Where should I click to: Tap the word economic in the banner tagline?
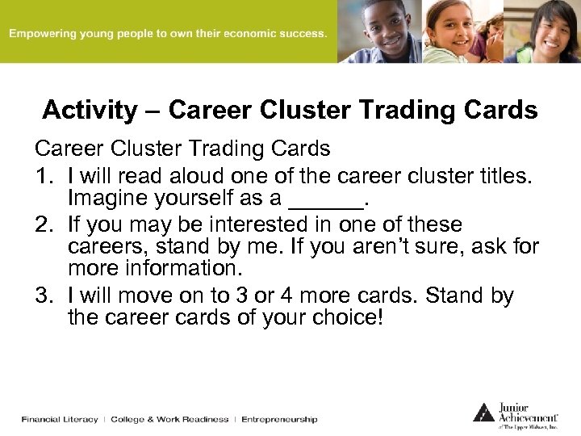click(249, 34)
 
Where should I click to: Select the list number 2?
click(43, 224)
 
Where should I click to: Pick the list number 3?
click(43, 296)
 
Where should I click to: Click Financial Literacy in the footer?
click(60, 419)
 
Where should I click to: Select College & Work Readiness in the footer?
click(169, 419)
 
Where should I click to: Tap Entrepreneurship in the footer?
click(279, 419)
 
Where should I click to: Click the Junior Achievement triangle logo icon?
click(483, 412)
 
